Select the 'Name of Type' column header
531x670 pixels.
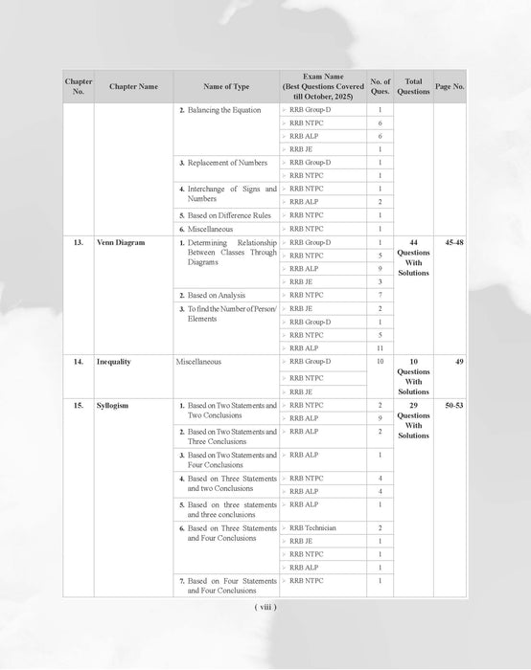(x=227, y=86)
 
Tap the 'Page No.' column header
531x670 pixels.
(x=450, y=86)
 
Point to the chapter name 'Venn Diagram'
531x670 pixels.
(x=121, y=243)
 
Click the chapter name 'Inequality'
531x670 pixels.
(x=114, y=362)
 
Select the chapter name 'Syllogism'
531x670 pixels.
(x=113, y=406)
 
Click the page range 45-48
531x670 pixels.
(x=450, y=243)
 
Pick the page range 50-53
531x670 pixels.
(x=450, y=406)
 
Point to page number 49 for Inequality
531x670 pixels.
(x=460, y=362)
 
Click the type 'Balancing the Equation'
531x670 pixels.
(x=223, y=110)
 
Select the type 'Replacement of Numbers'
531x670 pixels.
(x=227, y=163)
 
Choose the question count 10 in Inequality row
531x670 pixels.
(x=380, y=362)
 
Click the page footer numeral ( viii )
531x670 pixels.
(x=265, y=607)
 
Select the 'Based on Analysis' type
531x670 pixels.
(x=216, y=296)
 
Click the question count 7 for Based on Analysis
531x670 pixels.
(x=380, y=296)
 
